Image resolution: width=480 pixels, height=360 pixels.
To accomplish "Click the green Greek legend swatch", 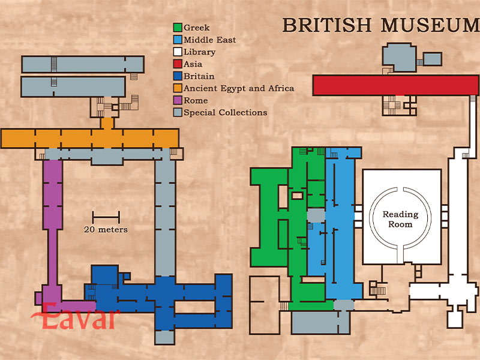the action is point(178,28).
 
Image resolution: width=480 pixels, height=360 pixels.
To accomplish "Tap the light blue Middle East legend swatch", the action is point(178,40).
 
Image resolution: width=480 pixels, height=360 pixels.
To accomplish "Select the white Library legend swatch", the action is point(178,52).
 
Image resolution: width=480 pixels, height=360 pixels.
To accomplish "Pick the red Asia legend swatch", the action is point(178,64).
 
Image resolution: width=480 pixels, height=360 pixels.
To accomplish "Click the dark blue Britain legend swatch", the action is point(178,76).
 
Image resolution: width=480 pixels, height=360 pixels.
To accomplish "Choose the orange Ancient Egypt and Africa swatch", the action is point(178,88).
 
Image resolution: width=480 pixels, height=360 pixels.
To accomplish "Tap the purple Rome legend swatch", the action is point(178,100).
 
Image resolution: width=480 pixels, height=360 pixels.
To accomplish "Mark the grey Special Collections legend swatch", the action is point(178,112).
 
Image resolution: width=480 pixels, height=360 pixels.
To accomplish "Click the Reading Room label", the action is point(400,219).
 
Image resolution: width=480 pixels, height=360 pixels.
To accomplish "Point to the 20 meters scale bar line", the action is point(106,217).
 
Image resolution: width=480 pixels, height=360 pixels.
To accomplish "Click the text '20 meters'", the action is point(106,229).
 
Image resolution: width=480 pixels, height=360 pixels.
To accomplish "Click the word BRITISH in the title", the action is point(327,25).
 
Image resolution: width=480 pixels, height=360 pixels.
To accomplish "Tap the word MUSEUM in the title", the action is point(430,25).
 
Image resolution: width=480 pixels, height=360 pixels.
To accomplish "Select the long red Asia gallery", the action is point(396,85).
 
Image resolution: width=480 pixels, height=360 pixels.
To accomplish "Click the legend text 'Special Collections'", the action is point(226,113).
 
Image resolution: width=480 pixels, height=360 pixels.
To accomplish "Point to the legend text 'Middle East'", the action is point(209,40).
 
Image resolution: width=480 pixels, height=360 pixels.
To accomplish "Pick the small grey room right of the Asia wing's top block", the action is point(433,59).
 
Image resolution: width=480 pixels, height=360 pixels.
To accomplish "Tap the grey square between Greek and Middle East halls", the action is point(316,215).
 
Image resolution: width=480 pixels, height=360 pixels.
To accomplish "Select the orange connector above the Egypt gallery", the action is point(107,123).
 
